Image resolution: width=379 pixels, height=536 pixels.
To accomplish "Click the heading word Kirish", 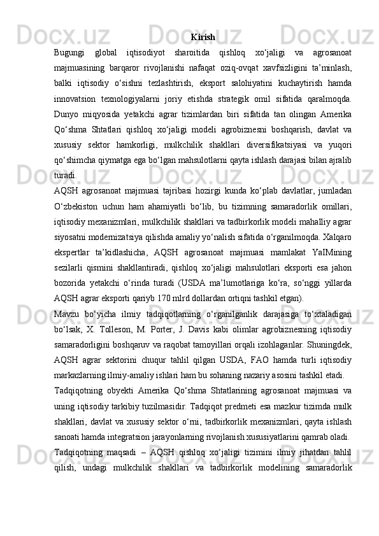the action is click(202, 37).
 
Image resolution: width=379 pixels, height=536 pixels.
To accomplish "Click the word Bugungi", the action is click(70, 52).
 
